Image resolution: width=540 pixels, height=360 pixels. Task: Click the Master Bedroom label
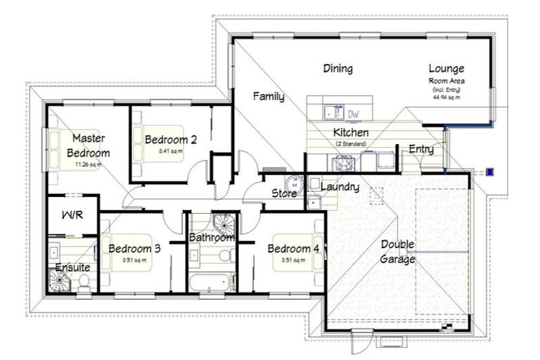click(x=89, y=146)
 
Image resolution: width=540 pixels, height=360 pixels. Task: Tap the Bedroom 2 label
click(x=170, y=139)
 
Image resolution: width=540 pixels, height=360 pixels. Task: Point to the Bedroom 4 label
click(x=293, y=248)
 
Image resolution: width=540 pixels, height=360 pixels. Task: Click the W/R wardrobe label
click(x=72, y=214)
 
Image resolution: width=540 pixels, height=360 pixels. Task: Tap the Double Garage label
click(x=398, y=252)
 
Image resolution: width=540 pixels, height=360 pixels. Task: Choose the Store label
click(x=285, y=193)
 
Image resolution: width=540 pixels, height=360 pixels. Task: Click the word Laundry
click(x=340, y=187)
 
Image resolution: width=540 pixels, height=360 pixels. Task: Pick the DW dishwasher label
click(x=353, y=113)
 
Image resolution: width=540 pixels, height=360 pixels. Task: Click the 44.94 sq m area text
click(x=446, y=98)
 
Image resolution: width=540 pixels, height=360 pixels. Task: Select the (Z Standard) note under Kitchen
click(x=351, y=143)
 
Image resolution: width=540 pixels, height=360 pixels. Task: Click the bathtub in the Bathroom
click(x=208, y=283)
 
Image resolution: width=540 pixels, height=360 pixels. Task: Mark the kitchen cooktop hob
click(x=345, y=162)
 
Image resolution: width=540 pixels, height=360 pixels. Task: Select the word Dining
click(x=337, y=68)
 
